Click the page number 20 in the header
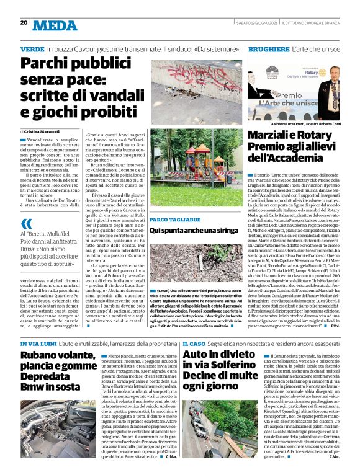tap(24, 23)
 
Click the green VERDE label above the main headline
tap(32, 47)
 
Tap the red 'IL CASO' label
tap(193, 342)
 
